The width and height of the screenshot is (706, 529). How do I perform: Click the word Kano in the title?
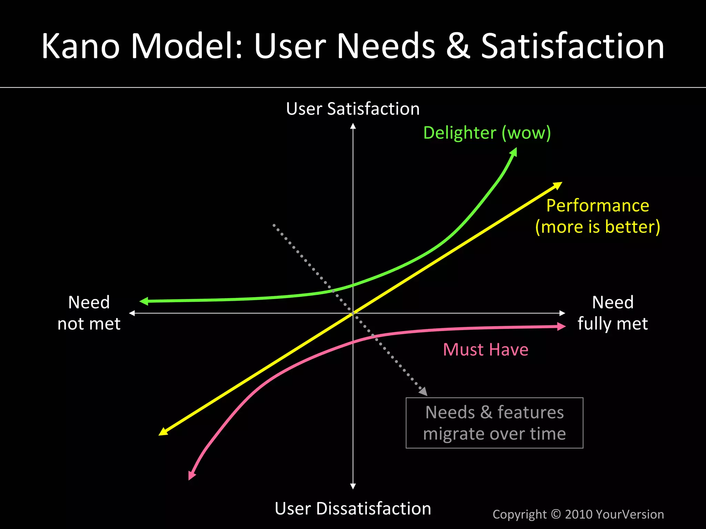pos(81,46)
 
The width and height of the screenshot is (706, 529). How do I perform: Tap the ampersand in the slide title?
pos(458,46)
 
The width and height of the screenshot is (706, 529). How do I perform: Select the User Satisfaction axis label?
pos(353,109)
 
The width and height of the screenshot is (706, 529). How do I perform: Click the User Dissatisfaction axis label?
pos(353,509)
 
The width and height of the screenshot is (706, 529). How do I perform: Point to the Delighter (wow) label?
pos(487,133)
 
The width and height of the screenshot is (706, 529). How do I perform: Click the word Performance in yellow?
pos(597,206)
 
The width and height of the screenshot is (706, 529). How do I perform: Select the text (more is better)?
pos(597,227)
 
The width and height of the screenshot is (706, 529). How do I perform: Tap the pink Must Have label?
pos(485,350)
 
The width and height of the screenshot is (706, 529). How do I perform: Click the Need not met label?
pos(89,313)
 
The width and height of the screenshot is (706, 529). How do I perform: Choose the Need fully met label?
pos(613,313)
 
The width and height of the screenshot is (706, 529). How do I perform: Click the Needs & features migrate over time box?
pos(494,423)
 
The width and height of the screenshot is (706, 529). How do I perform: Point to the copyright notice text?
pos(578,514)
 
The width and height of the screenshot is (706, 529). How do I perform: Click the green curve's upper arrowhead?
pos(513,152)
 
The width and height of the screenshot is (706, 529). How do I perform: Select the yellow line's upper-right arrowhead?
pos(557,186)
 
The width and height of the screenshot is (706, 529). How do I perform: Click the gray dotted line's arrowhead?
pos(423,391)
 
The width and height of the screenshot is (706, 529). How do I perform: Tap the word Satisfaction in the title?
pos(572,46)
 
